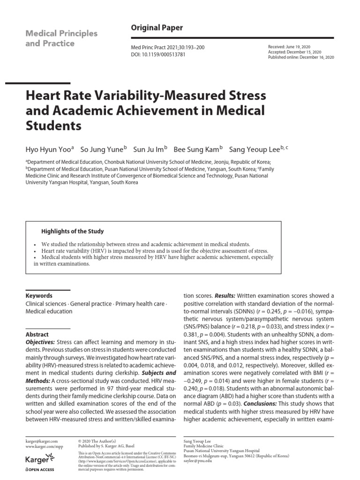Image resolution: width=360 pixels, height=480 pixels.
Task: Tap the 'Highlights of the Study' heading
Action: tap(73, 232)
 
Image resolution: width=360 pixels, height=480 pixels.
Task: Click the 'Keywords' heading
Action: tap(39, 296)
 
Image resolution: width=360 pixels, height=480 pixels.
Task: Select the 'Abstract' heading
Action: tap(37, 334)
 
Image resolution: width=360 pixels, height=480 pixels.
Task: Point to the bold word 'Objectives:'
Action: tap(40, 342)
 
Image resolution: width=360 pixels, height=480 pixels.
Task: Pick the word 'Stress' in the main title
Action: tap(240, 96)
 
